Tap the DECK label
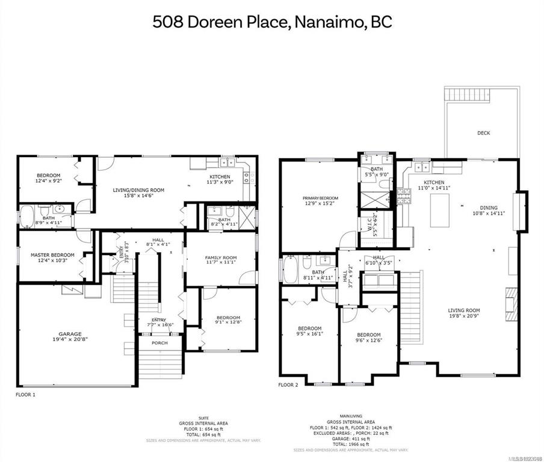(x=484, y=133)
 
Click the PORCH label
(x=159, y=343)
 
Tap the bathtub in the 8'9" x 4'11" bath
(x=28, y=217)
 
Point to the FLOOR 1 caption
(x=26, y=395)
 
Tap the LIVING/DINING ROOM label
(x=138, y=192)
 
